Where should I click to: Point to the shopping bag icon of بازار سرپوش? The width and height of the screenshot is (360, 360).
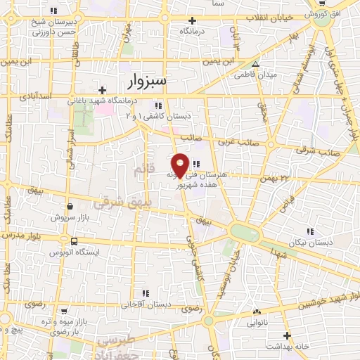70,207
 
